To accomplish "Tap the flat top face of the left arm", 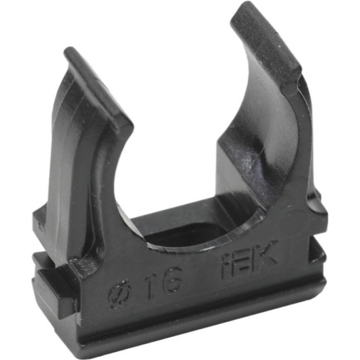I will pyautogui.click(x=98, y=85).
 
